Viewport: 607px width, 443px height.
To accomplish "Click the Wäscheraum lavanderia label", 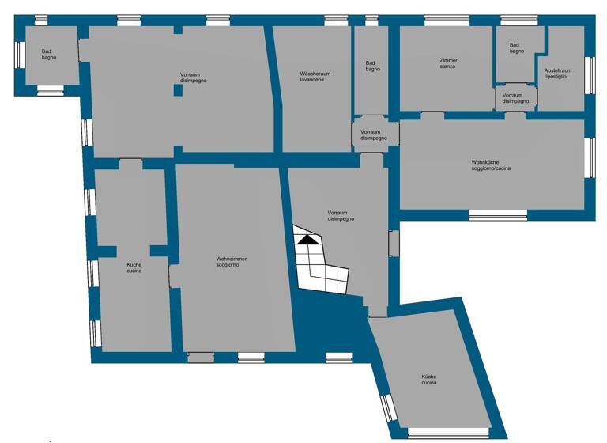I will point(315,77).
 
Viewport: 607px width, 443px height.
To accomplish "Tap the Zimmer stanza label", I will point(448,63).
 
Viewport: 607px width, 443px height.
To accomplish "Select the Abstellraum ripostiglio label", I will point(558,74).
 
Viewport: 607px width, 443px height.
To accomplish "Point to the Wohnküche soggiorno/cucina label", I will point(491,165).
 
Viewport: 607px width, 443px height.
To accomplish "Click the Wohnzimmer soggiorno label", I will point(227,261).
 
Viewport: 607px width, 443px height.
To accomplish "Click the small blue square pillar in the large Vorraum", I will point(178,90).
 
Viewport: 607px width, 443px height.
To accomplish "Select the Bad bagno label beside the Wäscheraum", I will point(372,66).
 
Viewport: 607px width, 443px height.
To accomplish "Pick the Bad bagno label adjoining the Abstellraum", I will point(517,48).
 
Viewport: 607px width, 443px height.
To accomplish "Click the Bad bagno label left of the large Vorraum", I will point(49,55).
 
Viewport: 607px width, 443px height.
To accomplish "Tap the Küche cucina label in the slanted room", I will point(429,380).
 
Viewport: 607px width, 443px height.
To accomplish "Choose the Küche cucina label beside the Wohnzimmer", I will point(134,268).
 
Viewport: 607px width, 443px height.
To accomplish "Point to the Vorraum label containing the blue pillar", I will point(193,78).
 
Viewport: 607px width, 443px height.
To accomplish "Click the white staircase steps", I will point(320,265).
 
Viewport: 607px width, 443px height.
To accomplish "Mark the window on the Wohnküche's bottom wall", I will point(497,214).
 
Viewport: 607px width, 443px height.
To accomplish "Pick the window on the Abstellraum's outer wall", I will point(589,74).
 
